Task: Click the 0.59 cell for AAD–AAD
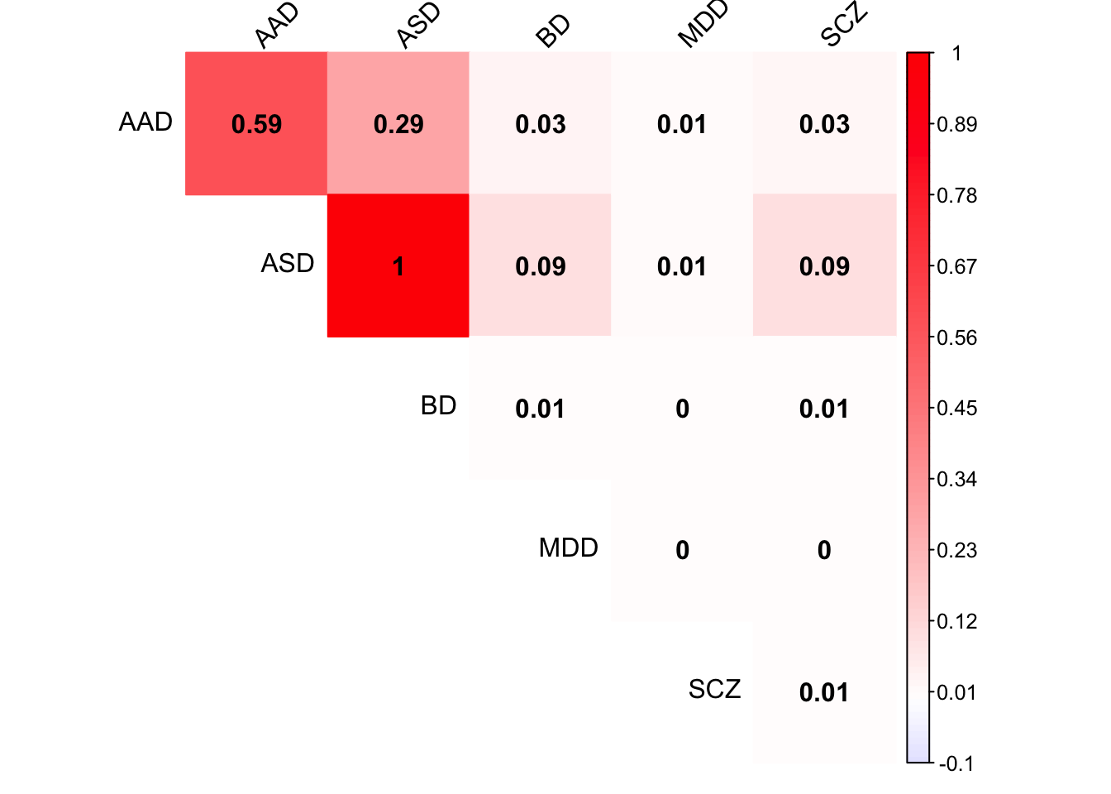(256, 124)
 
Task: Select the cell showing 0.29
(398, 124)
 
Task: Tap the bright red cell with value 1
(398, 266)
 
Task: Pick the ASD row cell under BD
(541, 266)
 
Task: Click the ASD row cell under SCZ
(824, 266)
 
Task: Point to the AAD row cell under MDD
(682, 124)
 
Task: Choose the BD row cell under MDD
(682, 409)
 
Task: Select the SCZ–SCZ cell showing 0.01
(824, 692)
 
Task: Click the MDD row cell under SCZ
(824, 550)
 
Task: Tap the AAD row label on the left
(145, 122)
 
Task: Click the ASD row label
(288, 264)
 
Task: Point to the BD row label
(438, 406)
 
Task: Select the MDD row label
(568, 548)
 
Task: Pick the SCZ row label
(714, 690)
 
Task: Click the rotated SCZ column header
(844, 25)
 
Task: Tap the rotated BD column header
(553, 31)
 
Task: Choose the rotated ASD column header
(418, 26)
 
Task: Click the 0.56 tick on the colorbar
(956, 337)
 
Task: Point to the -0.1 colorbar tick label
(956, 763)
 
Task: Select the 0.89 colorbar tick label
(956, 125)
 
